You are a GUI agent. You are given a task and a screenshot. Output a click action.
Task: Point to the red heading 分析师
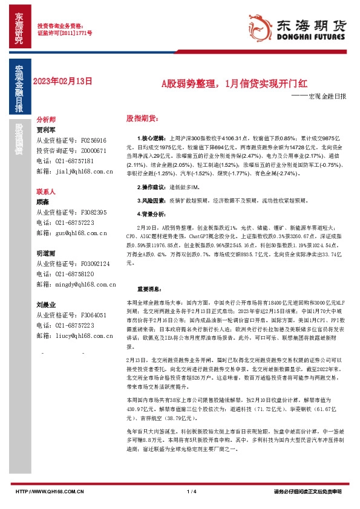click(46, 120)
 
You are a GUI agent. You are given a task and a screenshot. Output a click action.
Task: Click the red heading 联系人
click(46, 190)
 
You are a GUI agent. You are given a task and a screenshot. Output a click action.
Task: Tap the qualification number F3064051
click(93, 315)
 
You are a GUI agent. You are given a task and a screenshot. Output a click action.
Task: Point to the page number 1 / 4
click(193, 491)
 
